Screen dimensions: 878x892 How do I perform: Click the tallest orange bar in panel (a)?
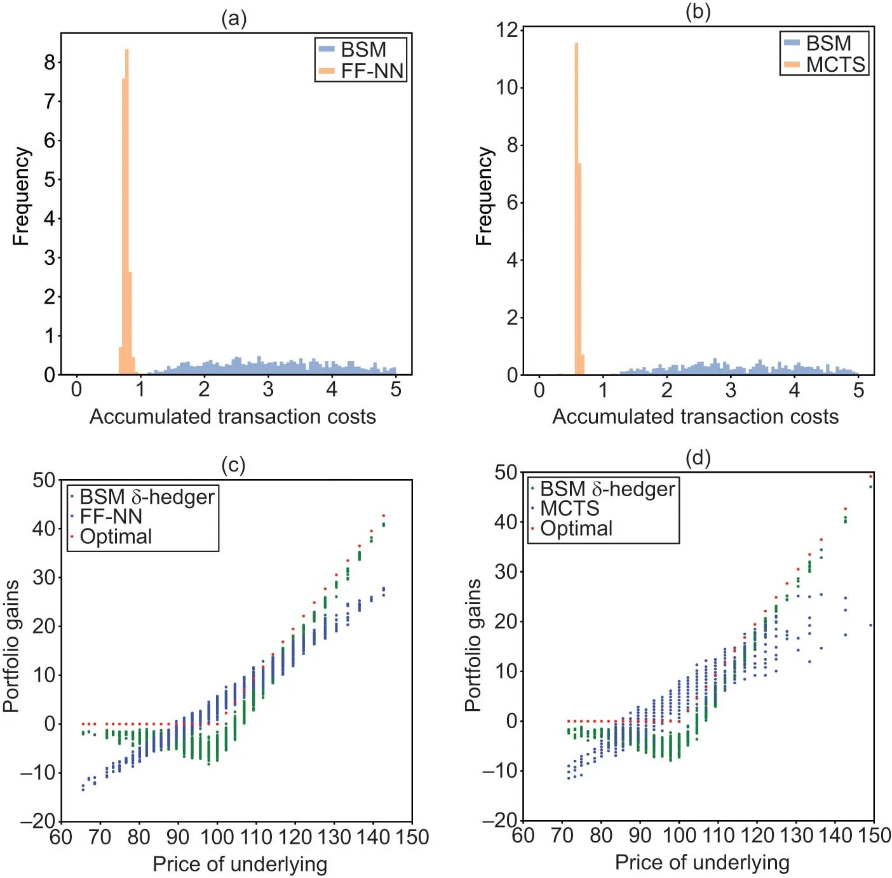127,210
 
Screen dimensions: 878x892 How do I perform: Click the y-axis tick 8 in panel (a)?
50,62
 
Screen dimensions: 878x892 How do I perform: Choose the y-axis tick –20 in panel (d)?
500,821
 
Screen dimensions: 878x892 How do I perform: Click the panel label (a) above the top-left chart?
233,18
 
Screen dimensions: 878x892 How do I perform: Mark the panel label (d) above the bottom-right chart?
698,457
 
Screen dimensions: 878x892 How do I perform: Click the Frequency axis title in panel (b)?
484,196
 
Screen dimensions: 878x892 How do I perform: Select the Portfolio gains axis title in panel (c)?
11,646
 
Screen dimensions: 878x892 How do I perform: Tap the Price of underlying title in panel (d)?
702,862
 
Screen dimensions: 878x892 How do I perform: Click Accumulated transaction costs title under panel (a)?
233,417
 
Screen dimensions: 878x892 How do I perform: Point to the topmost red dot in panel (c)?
384,515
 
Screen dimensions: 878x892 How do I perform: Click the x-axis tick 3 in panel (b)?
731,390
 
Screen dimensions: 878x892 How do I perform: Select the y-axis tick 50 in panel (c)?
44,480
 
